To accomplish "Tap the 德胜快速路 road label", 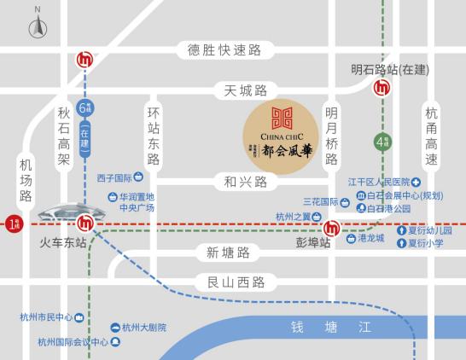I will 224,50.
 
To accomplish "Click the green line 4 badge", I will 380,142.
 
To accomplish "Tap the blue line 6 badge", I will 84,108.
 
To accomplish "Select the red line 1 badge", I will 11,224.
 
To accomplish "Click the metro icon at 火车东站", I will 84,224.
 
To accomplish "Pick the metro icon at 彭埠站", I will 330,227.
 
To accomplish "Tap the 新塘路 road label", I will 229,253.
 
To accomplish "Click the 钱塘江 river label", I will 332,326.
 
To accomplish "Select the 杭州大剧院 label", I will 143,328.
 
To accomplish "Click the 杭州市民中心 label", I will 47,317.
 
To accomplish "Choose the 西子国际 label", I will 115,178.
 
